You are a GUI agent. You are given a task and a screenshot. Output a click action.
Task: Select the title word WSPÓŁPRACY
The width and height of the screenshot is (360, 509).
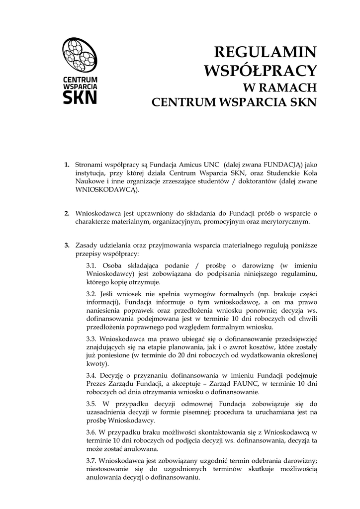(x=261, y=70)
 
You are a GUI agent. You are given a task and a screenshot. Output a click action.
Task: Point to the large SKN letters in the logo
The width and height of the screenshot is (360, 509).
(x=80, y=96)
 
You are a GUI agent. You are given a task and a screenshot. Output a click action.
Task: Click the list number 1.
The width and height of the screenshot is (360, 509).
(x=66, y=164)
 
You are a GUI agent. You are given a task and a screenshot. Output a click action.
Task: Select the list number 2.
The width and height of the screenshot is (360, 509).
(x=66, y=213)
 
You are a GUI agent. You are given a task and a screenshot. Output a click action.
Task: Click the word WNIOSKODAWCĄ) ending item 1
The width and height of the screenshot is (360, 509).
(x=107, y=189)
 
